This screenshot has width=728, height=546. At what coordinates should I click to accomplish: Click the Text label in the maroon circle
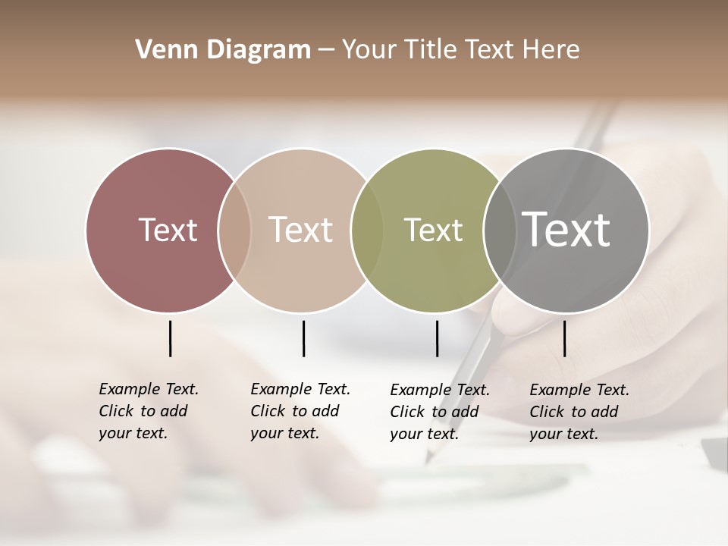pyautogui.click(x=168, y=230)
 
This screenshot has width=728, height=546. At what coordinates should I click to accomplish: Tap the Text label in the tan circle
pyautogui.click(x=301, y=230)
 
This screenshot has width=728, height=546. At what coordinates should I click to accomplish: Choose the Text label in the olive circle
pyautogui.click(x=433, y=230)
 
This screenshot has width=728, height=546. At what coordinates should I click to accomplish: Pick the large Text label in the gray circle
pyautogui.click(x=566, y=229)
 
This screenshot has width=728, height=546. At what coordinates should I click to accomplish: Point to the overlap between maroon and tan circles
pyautogui.click(x=234, y=230)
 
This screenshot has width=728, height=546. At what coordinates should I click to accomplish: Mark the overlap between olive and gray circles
pyautogui.click(x=498, y=230)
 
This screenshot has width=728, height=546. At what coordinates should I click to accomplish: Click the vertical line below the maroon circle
pyautogui.click(x=170, y=338)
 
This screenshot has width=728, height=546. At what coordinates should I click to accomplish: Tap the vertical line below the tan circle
pyautogui.click(x=303, y=338)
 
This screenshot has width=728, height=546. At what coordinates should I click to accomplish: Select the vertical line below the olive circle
pyautogui.click(x=437, y=338)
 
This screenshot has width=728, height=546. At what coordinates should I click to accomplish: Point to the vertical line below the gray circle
pyautogui.click(x=564, y=338)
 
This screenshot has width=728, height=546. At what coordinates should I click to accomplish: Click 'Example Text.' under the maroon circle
pyautogui.click(x=149, y=389)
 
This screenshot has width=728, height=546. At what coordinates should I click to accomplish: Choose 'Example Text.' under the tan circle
pyautogui.click(x=300, y=389)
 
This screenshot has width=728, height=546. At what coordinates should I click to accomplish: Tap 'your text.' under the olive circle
pyautogui.click(x=424, y=434)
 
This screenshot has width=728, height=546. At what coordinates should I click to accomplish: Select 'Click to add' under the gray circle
pyautogui.click(x=574, y=412)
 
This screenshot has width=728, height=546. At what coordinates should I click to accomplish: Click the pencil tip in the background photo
pyautogui.click(x=428, y=460)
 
